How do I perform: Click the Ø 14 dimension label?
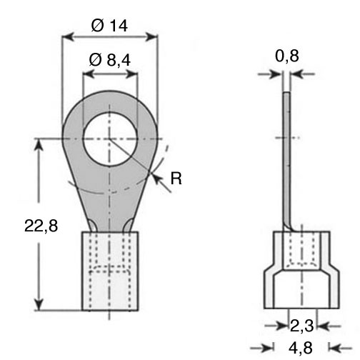tap(109, 26)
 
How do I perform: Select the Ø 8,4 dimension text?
tap(110, 60)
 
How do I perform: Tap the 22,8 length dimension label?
tap(41, 226)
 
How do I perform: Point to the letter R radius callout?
tap(176, 179)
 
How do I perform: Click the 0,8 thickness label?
tap(287, 56)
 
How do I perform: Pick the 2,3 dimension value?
tap(301, 326)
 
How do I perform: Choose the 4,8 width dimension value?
tap(301, 348)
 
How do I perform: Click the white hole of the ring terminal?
tap(110, 139)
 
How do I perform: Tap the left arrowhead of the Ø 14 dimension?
tap(67, 36)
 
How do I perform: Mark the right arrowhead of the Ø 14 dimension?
tap(152, 36)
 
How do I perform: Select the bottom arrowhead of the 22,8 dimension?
tap(39, 304)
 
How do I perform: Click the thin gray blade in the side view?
tap(287, 159)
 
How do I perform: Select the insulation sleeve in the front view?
tap(110, 271)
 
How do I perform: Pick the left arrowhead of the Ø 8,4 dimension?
tap(89, 74)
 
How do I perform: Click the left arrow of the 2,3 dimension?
tap(276, 326)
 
